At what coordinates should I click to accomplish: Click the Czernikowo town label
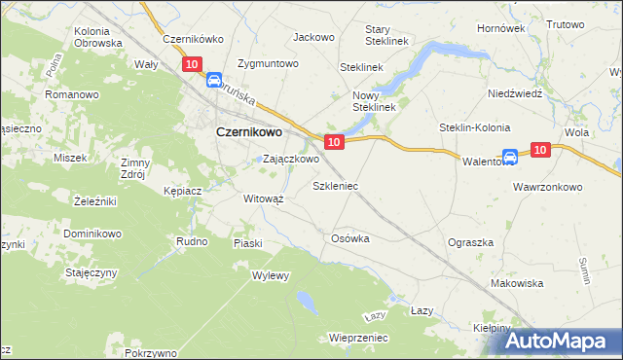[248, 132]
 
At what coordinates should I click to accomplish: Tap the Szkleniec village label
[335, 185]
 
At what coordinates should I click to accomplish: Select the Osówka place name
[350, 238]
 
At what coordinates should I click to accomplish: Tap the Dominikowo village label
[92, 234]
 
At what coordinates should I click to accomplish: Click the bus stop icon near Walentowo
[510, 157]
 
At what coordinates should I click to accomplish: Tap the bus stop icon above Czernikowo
[213, 84]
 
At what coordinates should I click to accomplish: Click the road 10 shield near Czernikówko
[191, 64]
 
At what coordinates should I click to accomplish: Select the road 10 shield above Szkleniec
[334, 142]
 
